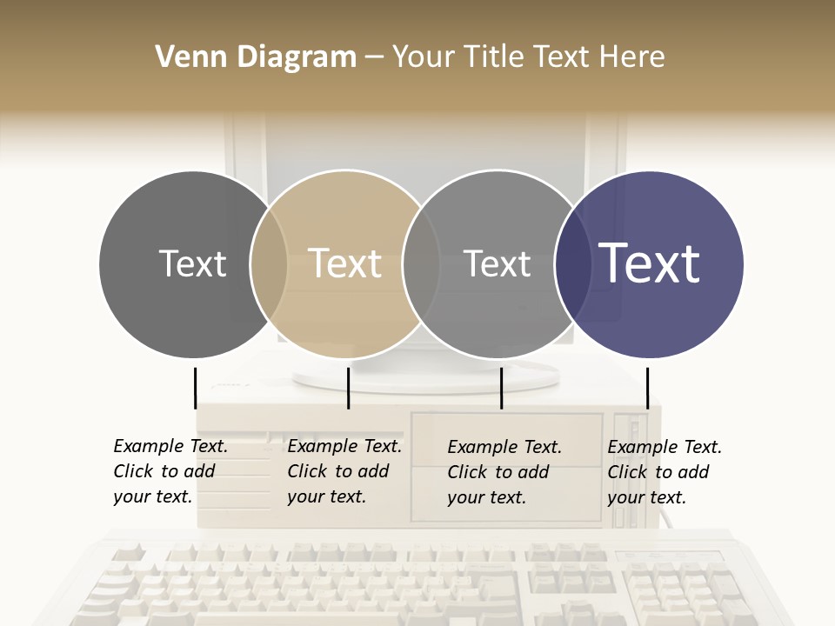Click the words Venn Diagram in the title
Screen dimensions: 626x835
(x=256, y=57)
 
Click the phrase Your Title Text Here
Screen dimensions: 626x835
(x=528, y=57)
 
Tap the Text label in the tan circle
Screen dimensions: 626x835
(x=345, y=263)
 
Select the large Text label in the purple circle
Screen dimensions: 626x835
(x=649, y=263)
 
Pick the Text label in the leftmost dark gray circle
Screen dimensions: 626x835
(x=192, y=263)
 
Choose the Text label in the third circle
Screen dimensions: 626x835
(x=497, y=263)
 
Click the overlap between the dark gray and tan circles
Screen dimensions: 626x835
(x=269, y=264)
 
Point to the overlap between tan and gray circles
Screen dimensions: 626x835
(x=421, y=264)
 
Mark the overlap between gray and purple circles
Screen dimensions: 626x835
(x=573, y=264)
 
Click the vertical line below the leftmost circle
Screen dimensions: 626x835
(x=196, y=388)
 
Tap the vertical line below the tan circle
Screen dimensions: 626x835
(x=348, y=388)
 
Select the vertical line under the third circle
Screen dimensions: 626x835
(x=501, y=388)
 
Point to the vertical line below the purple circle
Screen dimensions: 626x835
(x=647, y=388)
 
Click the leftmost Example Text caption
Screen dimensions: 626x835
(x=170, y=471)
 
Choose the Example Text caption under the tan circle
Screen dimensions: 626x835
(x=344, y=471)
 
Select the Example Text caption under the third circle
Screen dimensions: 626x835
(x=504, y=472)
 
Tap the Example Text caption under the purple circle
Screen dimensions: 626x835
(x=664, y=472)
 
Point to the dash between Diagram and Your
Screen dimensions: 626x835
(x=374, y=57)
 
